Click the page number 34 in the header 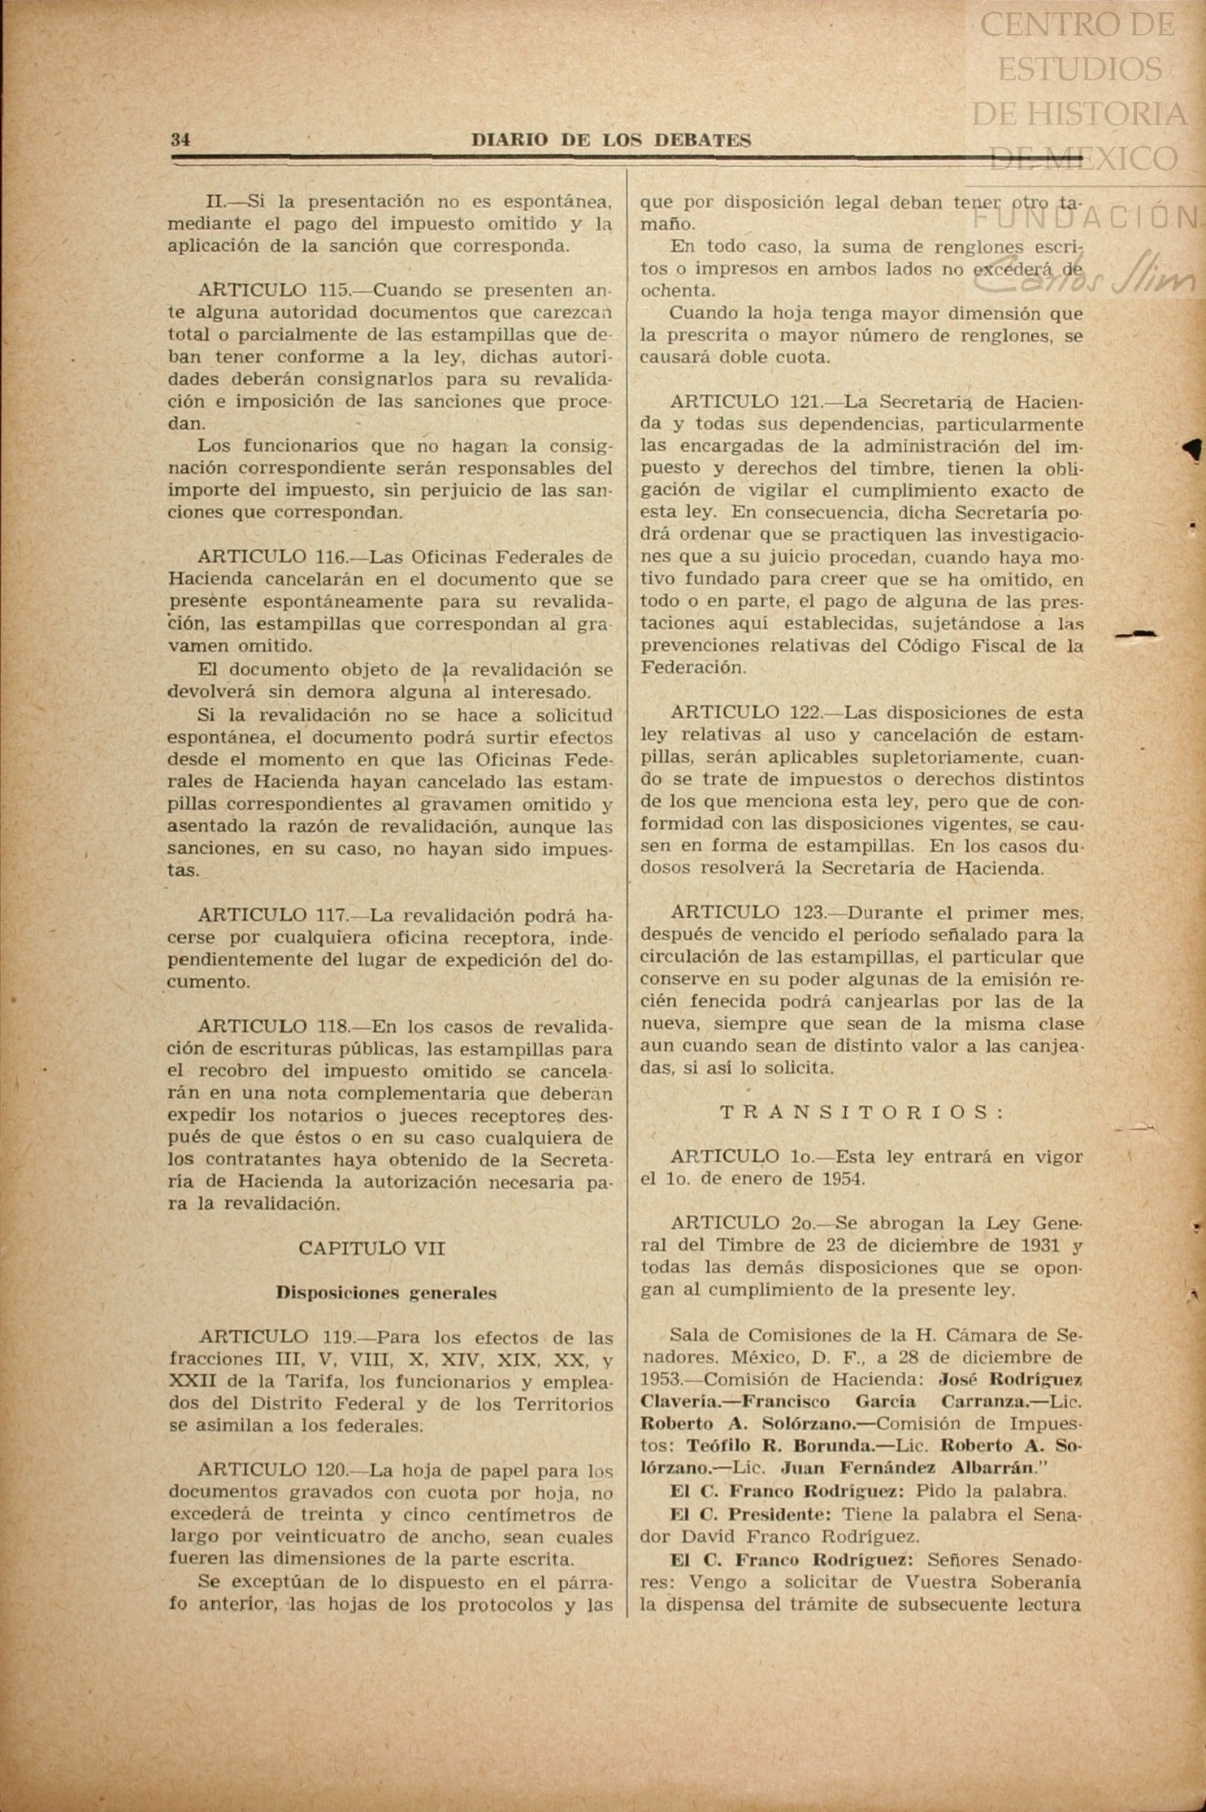click(x=180, y=140)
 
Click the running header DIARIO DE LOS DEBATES click(x=611, y=141)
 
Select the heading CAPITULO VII click(x=371, y=1248)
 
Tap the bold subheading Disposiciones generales click(x=386, y=1293)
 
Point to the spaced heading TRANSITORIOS click(x=864, y=1112)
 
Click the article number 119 click(x=332, y=1337)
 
